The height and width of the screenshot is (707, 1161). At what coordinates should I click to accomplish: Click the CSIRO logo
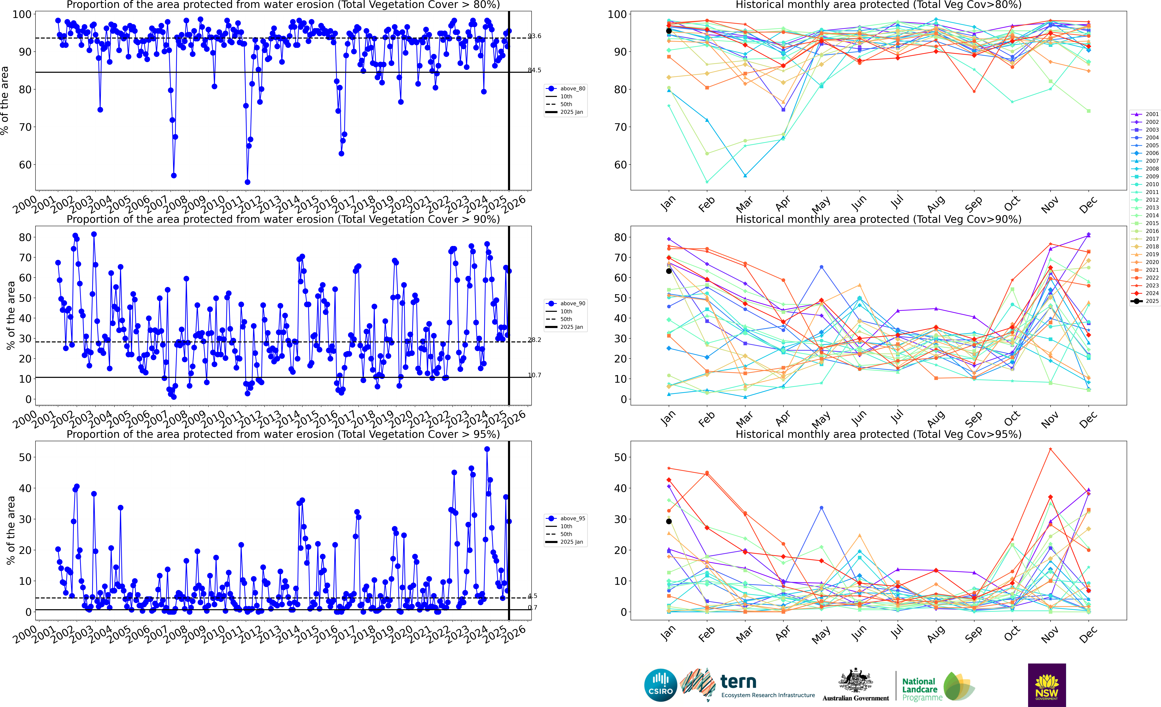click(x=661, y=685)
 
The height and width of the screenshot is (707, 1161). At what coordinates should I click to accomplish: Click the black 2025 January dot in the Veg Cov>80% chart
click(x=669, y=31)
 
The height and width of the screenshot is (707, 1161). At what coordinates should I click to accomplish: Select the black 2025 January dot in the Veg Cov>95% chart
click(x=669, y=521)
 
